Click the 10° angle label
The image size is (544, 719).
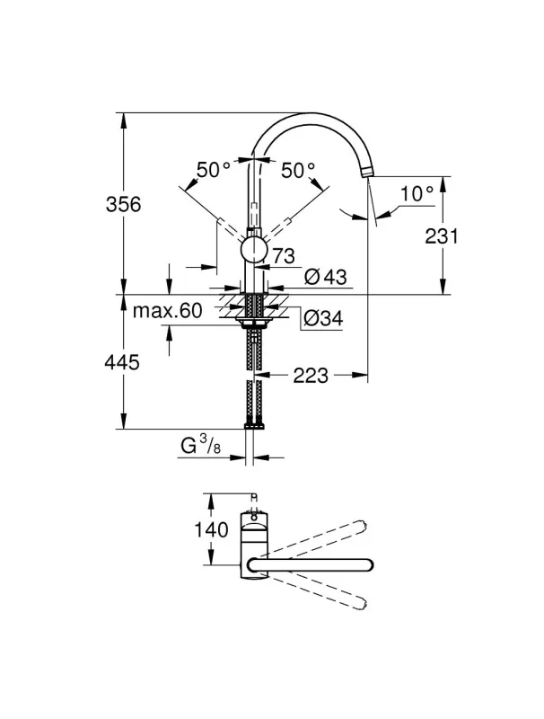point(417,192)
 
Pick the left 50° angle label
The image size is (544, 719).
point(214,169)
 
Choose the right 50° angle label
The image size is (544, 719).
point(298,169)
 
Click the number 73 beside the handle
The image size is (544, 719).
point(283,254)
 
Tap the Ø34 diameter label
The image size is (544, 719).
point(321,317)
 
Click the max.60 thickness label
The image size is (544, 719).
point(168,311)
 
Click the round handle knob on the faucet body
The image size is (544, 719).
point(254,249)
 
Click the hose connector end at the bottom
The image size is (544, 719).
point(254,423)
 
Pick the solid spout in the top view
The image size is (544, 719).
point(314,564)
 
